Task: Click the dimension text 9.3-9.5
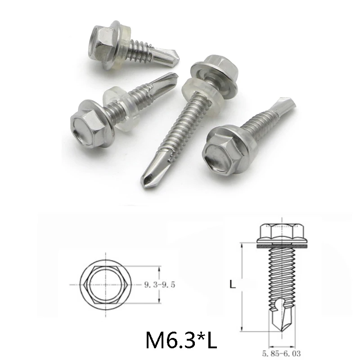coord(160,284)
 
